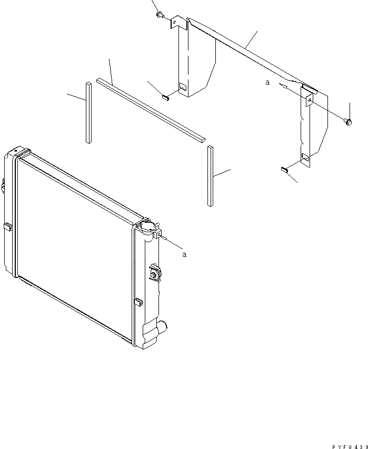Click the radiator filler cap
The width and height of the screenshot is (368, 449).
click(148, 227)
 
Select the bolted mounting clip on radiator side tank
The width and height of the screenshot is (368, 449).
click(155, 273)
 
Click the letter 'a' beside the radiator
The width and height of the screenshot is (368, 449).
click(184, 254)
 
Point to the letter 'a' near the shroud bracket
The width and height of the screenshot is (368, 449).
click(268, 83)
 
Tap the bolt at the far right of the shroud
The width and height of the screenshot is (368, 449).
click(348, 122)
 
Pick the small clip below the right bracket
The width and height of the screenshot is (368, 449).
click(283, 169)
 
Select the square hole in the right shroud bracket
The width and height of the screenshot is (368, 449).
click(306, 156)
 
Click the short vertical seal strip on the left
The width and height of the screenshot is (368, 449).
click(88, 112)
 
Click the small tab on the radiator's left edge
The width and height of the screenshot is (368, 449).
click(9, 227)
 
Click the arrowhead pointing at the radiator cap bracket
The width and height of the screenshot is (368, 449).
click(166, 238)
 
